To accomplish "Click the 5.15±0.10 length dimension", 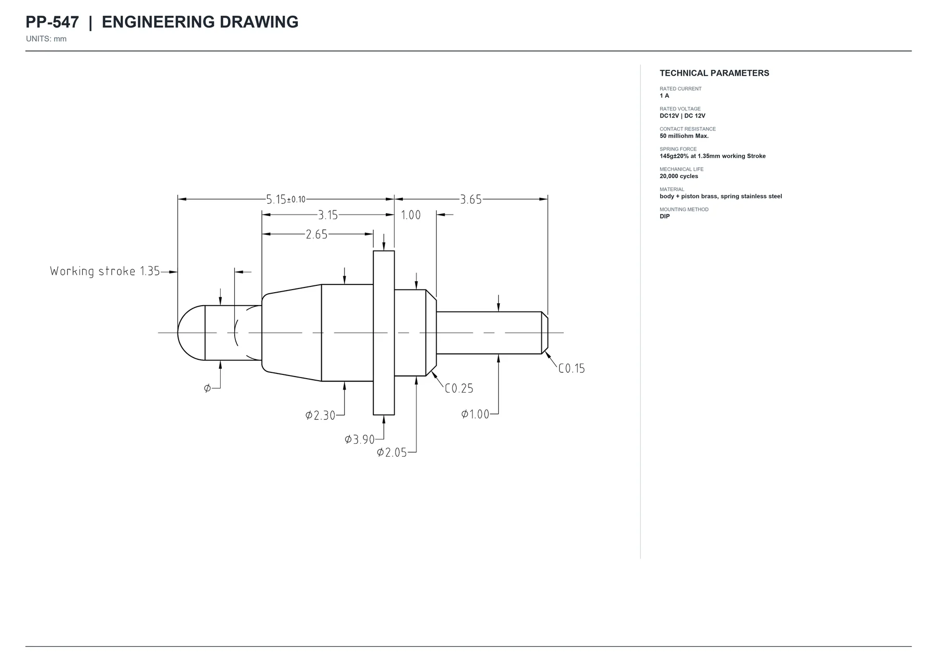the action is (x=286, y=199).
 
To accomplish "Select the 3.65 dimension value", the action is (x=471, y=199).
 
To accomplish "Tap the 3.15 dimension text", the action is (x=328, y=215).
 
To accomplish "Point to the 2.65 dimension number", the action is (x=316, y=234).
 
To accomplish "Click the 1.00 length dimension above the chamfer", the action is (x=411, y=215).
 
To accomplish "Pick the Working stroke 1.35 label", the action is (x=105, y=271).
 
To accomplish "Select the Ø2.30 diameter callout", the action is (x=320, y=415).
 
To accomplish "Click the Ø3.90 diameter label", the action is (x=360, y=440).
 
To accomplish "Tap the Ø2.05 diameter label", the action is (x=392, y=453).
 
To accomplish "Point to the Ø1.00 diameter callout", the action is (x=475, y=414).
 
